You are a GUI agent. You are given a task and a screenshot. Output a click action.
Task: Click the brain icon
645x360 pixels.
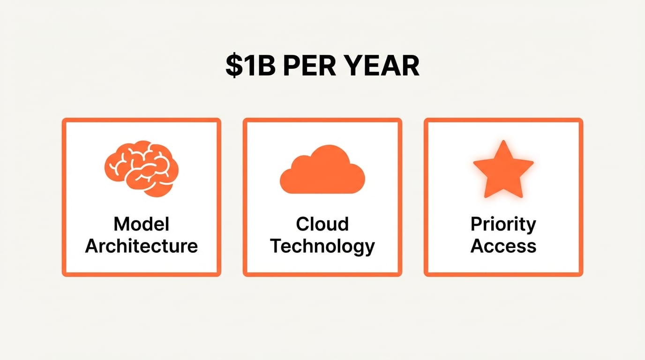[141, 168]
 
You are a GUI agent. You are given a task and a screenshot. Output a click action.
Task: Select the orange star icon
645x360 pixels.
[503, 169]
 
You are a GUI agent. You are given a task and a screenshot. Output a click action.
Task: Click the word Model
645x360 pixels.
[141, 224]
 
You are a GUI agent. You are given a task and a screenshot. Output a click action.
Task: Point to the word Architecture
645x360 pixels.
[141, 246]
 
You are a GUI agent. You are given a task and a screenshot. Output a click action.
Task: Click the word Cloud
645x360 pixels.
[322, 224]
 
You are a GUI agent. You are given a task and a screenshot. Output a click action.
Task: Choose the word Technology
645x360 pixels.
[322, 246]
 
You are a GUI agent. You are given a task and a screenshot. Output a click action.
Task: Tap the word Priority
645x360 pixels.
[503, 224]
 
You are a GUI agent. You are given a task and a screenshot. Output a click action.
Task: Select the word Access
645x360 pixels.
[503, 246]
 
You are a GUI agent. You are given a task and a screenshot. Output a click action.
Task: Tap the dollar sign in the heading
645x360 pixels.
[233, 66]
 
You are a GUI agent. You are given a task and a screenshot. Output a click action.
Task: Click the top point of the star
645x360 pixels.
[503, 143]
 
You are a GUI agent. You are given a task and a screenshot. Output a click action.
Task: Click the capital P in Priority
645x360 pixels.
[476, 224]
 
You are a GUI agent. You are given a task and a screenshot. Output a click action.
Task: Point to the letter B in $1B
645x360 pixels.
[265, 66]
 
